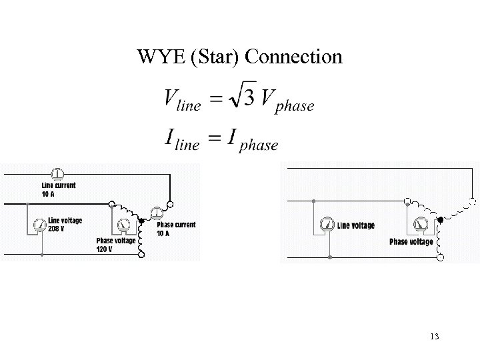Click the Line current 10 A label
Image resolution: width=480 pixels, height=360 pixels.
(58, 189)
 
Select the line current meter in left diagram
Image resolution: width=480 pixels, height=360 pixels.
(57, 175)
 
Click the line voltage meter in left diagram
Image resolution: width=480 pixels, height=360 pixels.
(38, 224)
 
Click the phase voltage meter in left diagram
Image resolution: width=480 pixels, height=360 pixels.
(123, 225)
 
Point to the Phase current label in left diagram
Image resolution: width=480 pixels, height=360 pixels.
(176, 225)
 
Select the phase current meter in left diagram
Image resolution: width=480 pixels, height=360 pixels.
(157, 213)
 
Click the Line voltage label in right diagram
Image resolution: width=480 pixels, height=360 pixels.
(356, 226)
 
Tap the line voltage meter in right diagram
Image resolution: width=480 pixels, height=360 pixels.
(326, 225)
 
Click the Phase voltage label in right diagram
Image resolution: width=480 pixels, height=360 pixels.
(411, 241)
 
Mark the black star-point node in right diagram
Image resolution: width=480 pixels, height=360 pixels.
(441, 219)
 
